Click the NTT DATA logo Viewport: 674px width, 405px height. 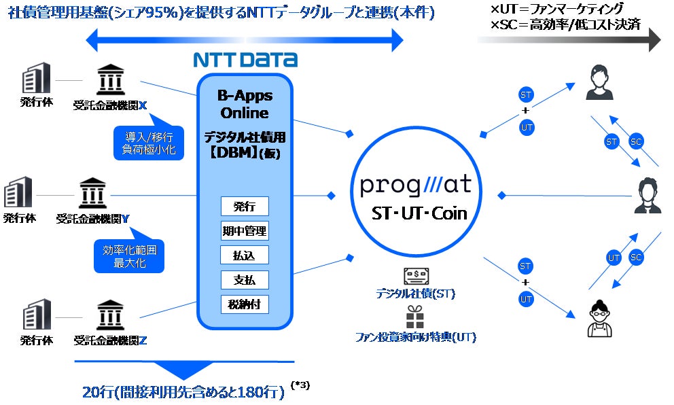tap(245, 59)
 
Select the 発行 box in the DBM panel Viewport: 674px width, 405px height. tap(245, 206)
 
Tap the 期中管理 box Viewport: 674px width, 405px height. tap(245, 230)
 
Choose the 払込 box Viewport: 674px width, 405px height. tap(245, 255)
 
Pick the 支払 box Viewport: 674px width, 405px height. tap(245, 279)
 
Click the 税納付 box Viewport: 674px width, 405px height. tap(245, 304)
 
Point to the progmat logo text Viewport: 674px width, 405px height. tap(416, 185)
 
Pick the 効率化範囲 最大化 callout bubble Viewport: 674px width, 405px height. tap(129, 256)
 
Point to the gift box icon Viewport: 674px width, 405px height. tap(414, 317)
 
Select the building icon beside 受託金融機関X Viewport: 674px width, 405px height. tap(36, 80)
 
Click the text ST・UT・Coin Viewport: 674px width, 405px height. tap(419, 213)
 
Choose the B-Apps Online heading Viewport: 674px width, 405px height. tap(244, 103)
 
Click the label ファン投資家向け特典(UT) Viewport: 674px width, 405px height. tap(415, 337)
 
